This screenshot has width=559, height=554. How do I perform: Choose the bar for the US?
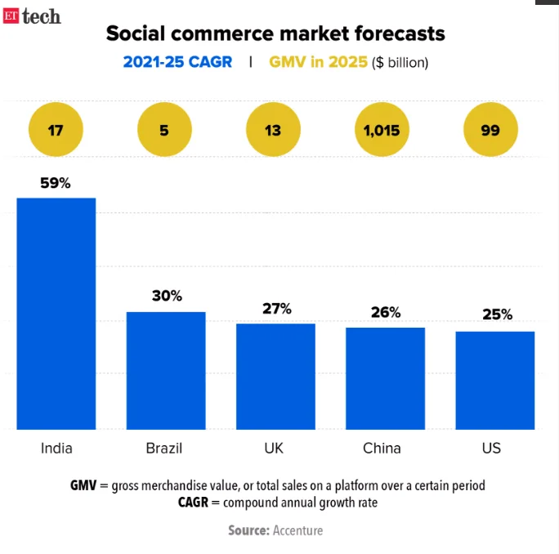494,380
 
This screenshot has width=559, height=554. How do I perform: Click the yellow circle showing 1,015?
382,130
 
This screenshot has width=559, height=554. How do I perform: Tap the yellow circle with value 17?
56,130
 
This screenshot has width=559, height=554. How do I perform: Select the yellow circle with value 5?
164,130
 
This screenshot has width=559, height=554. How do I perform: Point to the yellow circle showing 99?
490,130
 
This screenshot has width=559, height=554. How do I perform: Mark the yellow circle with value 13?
273,130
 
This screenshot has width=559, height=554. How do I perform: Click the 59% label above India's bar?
56,184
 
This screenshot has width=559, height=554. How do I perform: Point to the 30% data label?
167,297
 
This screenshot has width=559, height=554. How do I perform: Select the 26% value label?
385,312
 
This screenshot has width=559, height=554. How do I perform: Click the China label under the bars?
382,449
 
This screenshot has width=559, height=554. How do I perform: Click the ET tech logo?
32,16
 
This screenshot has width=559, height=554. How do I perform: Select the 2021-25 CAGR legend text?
177,62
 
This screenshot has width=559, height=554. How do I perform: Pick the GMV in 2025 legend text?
318,62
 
